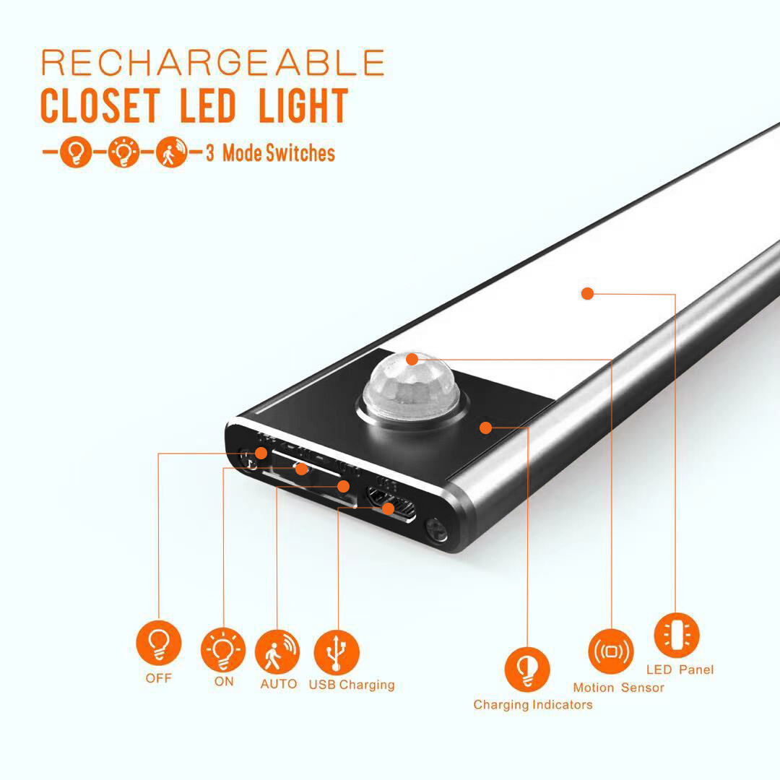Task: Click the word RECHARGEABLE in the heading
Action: tap(213, 62)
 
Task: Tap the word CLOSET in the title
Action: tap(100, 105)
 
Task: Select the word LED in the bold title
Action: tap(208, 105)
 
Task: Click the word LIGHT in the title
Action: tap(303, 105)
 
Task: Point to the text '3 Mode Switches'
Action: tap(270, 152)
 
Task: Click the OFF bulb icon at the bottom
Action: tap(159, 643)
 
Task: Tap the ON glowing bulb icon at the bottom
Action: tap(223, 650)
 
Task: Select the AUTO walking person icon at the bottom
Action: tap(277, 651)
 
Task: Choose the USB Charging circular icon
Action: tap(337, 653)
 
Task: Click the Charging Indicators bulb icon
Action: tap(527, 669)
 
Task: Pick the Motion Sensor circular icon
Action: tap(611, 651)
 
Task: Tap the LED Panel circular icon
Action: tap(677, 636)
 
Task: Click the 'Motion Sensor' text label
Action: tap(619, 688)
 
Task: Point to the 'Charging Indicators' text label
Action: tap(533, 705)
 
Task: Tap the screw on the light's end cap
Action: tap(437, 530)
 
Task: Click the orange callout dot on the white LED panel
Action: tap(587, 293)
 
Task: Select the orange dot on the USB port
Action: tap(388, 508)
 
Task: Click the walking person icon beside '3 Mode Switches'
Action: tap(172, 152)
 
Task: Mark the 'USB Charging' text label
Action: tap(352, 685)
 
